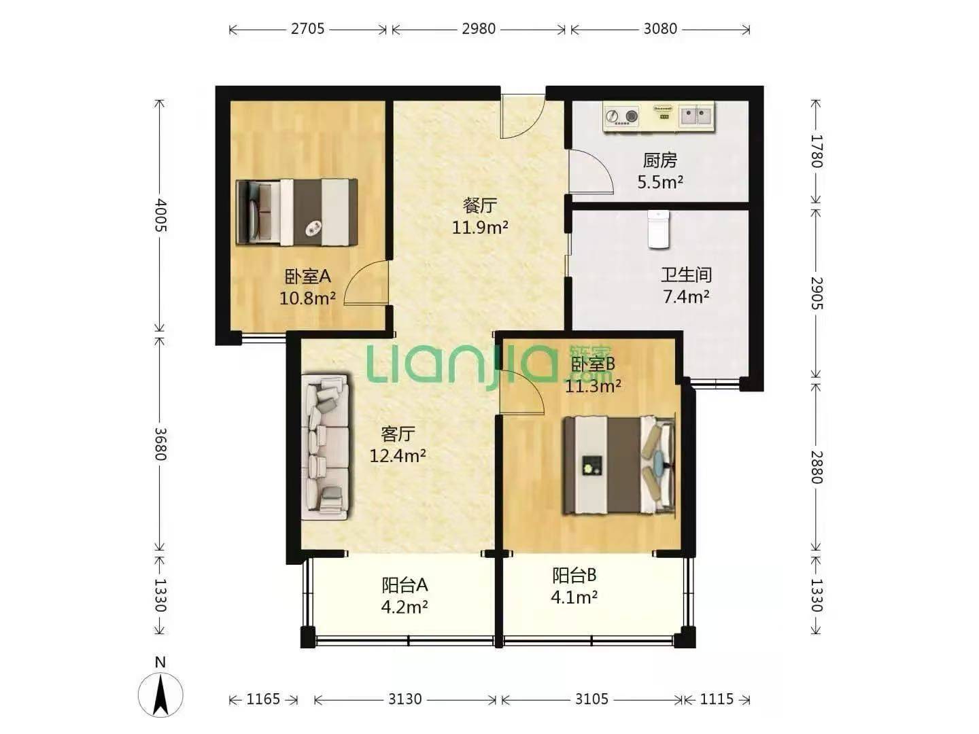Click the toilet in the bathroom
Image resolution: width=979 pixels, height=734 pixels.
pyautogui.click(x=659, y=230)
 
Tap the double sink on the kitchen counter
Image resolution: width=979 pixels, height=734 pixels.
pyautogui.click(x=695, y=116)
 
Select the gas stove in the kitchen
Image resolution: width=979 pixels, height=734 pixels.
pyautogui.click(x=621, y=116)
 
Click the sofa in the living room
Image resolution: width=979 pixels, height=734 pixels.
pyautogui.click(x=325, y=447)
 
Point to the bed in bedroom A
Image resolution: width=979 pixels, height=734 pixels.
pyautogui.click(x=297, y=212)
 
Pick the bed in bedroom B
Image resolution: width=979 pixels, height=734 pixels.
pyautogui.click(x=619, y=466)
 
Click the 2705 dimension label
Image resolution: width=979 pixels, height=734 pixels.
pyautogui.click(x=308, y=29)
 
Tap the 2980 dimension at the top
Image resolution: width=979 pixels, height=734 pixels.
pyautogui.click(x=479, y=29)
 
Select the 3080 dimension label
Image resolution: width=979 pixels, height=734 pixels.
pyautogui.click(x=660, y=29)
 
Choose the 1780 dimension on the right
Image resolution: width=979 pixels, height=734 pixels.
pyautogui.click(x=817, y=151)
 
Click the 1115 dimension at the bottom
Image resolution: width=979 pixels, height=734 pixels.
pyautogui.click(x=717, y=699)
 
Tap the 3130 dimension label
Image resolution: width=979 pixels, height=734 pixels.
pyautogui.click(x=405, y=699)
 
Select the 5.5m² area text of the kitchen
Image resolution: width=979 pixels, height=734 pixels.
pyautogui.click(x=660, y=182)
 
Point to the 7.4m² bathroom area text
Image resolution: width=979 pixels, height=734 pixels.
pyautogui.click(x=686, y=296)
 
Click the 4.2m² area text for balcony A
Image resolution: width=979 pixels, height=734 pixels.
pyautogui.click(x=405, y=606)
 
